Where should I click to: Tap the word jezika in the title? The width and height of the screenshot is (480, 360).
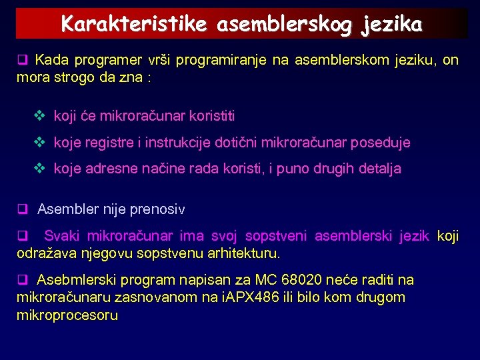click(x=393, y=24)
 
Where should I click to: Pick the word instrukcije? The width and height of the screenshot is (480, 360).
click(x=170, y=142)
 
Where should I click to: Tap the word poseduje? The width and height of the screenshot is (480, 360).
click(x=382, y=142)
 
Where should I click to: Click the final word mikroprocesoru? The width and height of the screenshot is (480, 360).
click(x=67, y=315)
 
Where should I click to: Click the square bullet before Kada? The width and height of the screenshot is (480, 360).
click(x=21, y=60)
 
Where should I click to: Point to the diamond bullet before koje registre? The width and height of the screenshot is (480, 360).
click(x=39, y=142)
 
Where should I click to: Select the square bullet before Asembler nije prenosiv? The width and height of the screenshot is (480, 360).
click(x=21, y=209)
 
